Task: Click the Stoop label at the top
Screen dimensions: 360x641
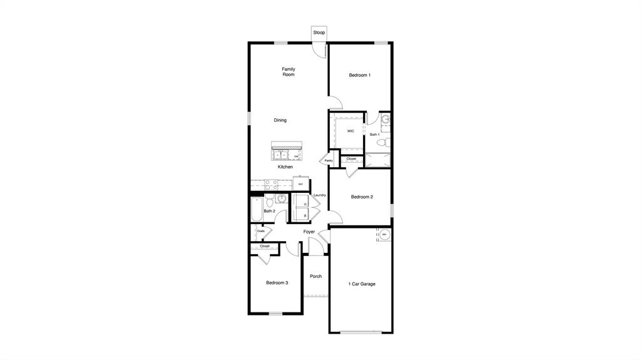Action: click(x=319, y=33)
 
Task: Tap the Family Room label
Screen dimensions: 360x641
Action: click(x=288, y=72)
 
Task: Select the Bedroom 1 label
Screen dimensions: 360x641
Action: click(x=359, y=75)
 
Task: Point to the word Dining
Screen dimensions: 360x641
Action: click(x=280, y=120)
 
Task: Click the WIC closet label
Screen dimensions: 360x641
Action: click(x=351, y=131)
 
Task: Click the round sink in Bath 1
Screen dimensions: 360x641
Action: click(x=386, y=118)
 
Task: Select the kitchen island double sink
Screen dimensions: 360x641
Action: click(x=279, y=155)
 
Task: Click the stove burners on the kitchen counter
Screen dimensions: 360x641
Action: click(x=271, y=185)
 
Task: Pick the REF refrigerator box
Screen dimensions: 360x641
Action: click(x=301, y=184)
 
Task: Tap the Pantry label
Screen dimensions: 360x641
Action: click(x=329, y=161)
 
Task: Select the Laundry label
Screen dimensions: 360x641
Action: click(x=319, y=195)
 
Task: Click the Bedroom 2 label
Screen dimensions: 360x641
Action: click(x=362, y=197)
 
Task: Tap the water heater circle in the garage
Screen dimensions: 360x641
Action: click(x=384, y=235)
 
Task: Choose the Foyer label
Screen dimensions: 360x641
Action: click(x=309, y=232)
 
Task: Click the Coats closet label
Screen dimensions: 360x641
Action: click(x=260, y=231)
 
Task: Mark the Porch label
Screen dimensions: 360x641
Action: click(x=315, y=276)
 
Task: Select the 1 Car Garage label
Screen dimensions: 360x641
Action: click(x=362, y=284)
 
